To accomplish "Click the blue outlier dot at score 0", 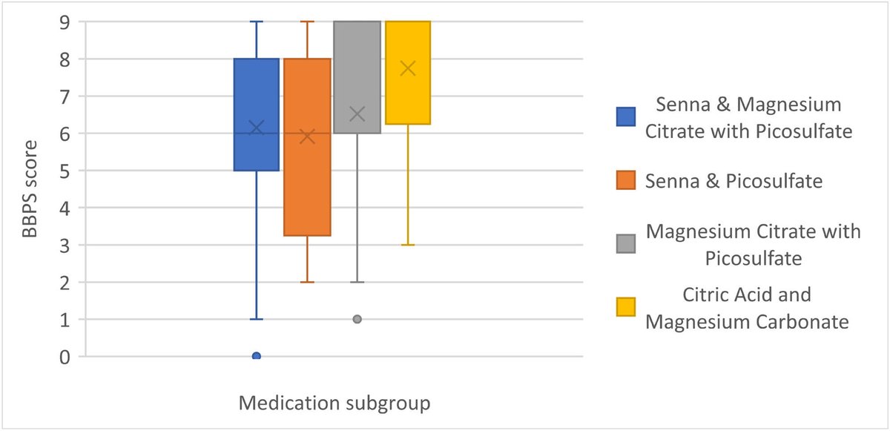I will click(257, 356).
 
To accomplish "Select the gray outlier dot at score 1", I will click(357, 319).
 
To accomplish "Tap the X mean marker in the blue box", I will click(257, 128).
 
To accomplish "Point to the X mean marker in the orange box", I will click(307, 136).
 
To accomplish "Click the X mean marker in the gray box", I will click(357, 114).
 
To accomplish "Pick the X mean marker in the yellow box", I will click(407, 68).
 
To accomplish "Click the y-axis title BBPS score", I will click(30, 189).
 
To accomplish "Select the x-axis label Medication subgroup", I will click(334, 404).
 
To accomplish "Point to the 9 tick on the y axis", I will click(65, 22).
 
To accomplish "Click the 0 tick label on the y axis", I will click(65, 357).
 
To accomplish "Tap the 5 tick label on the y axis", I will click(65, 171).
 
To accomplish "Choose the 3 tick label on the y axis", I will click(65, 245).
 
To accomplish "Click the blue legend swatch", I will click(626, 118).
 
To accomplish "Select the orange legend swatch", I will click(626, 181).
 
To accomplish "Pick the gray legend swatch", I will click(626, 244).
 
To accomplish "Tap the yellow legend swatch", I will click(626, 307).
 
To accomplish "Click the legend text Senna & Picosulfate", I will click(734, 181).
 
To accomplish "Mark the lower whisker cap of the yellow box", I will click(407, 245).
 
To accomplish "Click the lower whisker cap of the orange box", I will click(307, 282).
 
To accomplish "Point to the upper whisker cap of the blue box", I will click(257, 22).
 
